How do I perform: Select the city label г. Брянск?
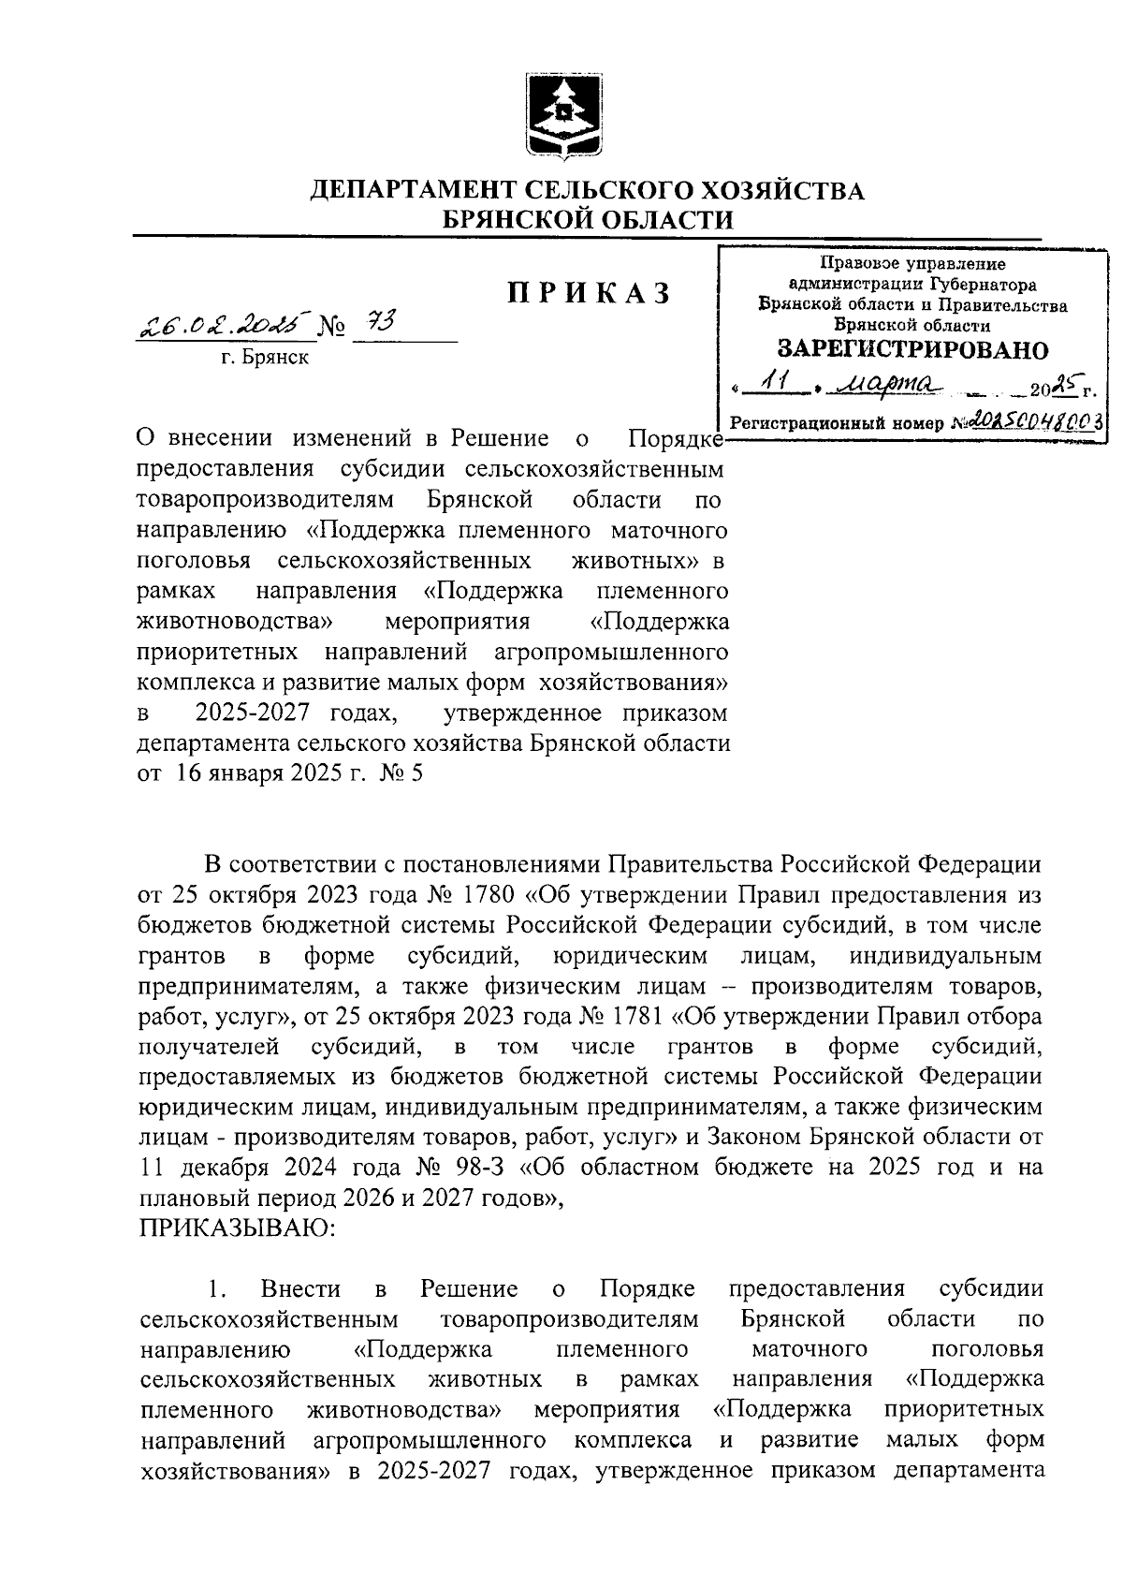coord(265,357)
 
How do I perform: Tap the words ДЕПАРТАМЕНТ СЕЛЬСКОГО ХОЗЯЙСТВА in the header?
coord(588,191)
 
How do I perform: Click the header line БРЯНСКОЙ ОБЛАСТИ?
coord(588,220)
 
